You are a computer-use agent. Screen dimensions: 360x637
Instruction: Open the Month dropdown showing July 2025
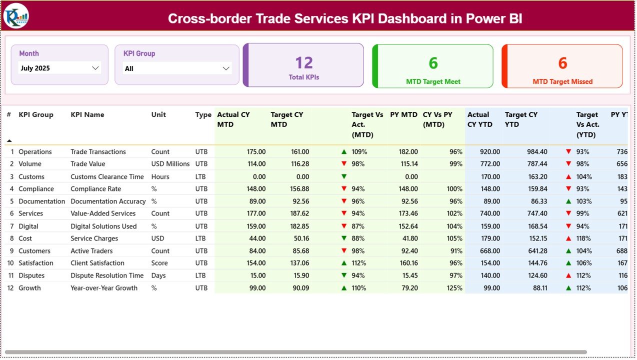[59, 68]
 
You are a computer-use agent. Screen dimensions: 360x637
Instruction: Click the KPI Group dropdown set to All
[177, 68]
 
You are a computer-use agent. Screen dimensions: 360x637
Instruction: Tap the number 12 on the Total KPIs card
[304, 62]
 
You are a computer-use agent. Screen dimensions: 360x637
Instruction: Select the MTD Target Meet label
[433, 81]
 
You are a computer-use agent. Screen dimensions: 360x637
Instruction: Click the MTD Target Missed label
[562, 81]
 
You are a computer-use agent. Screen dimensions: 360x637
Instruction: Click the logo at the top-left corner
[16, 16]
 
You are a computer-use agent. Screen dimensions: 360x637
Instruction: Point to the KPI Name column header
[87, 114]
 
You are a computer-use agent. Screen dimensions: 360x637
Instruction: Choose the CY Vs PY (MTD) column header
[437, 119]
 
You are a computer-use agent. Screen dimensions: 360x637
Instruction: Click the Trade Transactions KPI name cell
[98, 151]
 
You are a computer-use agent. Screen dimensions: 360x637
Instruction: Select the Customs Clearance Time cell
[107, 176]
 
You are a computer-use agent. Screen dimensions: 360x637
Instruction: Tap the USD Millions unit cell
[170, 164]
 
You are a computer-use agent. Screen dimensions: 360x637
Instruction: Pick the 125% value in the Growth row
[454, 288]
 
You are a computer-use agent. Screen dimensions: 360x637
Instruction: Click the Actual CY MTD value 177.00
[256, 213]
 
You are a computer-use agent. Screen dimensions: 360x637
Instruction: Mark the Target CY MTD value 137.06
[299, 263]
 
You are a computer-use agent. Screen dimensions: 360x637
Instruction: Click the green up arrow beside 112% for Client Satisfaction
[344, 263]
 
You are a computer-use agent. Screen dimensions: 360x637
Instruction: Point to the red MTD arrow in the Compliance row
[344, 189]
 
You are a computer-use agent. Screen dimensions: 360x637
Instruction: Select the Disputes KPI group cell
[31, 275]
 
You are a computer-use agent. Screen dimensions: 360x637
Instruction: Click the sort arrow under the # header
[9, 141]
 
